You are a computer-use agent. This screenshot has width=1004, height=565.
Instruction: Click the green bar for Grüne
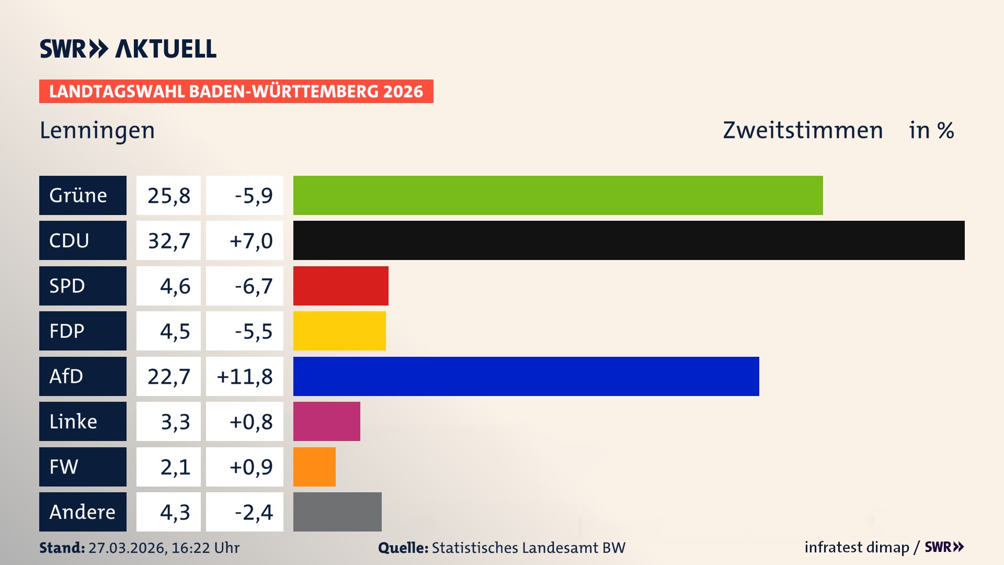(x=557, y=195)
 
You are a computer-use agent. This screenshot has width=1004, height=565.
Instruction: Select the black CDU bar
(x=629, y=240)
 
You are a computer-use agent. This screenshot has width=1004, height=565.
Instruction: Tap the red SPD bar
(x=340, y=286)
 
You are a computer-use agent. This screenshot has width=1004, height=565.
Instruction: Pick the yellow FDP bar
(x=339, y=331)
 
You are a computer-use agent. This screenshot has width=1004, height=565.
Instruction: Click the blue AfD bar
(x=526, y=376)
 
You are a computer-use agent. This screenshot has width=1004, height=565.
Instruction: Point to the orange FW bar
(x=314, y=467)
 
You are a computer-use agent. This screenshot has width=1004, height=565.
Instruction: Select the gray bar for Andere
(x=337, y=512)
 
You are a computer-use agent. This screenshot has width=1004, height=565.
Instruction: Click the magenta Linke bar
(x=326, y=421)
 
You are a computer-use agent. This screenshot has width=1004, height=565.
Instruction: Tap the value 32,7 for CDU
(x=168, y=241)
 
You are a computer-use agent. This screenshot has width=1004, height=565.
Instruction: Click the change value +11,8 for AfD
(x=245, y=377)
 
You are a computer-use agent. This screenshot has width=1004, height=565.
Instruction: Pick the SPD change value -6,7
(x=253, y=286)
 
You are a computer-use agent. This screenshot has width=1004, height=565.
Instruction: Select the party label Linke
(x=73, y=422)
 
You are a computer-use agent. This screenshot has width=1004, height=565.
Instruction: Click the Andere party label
(x=82, y=512)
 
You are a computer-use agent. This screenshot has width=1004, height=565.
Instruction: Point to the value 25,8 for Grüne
(x=168, y=196)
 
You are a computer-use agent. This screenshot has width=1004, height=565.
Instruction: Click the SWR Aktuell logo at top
(x=128, y=49)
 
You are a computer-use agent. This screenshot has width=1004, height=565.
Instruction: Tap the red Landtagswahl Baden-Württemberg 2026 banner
(x=236, y=92)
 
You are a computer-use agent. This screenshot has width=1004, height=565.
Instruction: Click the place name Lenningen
(x=97, y=130)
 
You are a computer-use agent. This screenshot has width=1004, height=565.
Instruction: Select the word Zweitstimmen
(x=803, y=130)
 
